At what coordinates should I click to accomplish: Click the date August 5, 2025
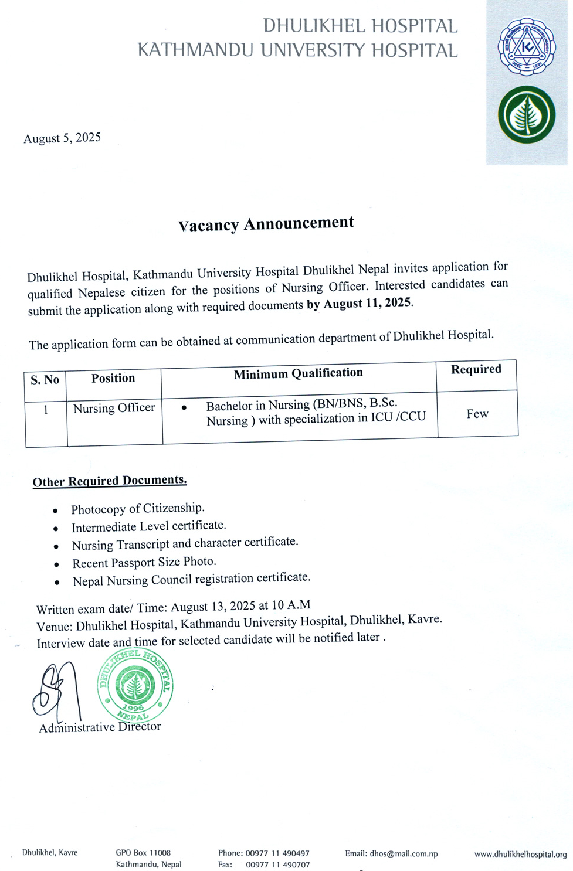click(x=62, y=138)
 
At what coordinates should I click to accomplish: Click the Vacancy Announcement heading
click(x=266, y=224)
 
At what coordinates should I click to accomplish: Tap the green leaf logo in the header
click(x=526, y=115)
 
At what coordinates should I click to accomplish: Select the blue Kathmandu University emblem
click(x=526, y=47)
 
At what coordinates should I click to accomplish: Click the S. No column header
click(x=45, y=380)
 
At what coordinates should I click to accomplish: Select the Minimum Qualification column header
click(x=298, y=373)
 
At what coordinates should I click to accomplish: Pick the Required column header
click(x=476, y=369)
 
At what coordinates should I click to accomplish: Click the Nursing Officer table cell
click(x=114, y=408)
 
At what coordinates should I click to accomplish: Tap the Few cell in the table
click(x=477, y=414)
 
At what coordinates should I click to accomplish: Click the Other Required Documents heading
click(x=110, y=481)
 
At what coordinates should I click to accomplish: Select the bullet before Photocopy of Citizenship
click(x=55, y=511)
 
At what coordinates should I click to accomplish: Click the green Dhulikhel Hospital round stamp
click(x=135, y=685)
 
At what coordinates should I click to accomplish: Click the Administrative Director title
click(x=100, y=727)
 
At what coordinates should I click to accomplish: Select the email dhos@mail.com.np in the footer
click(x=391, y=853)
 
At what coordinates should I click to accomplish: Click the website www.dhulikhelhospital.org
click(x=520, y=854)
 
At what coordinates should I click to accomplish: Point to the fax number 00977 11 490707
click(x=277, y=865)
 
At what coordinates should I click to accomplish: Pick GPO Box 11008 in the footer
click(x=143, y=853)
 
